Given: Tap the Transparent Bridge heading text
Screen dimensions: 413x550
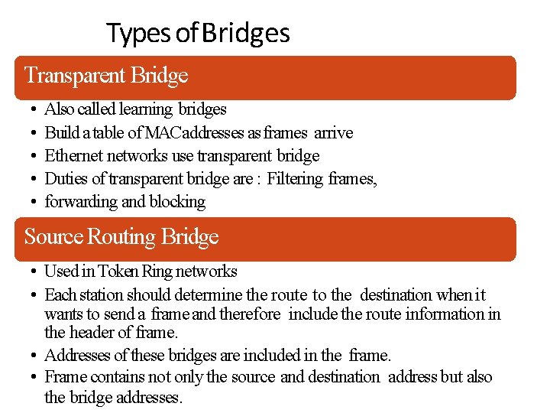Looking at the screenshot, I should (106, 76).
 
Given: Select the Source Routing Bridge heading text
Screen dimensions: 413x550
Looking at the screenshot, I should (121, 237).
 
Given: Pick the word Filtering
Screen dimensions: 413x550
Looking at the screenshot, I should (295, 179).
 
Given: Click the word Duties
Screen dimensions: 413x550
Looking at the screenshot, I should (65, 179).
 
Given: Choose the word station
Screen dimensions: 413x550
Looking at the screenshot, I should (100, 295).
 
